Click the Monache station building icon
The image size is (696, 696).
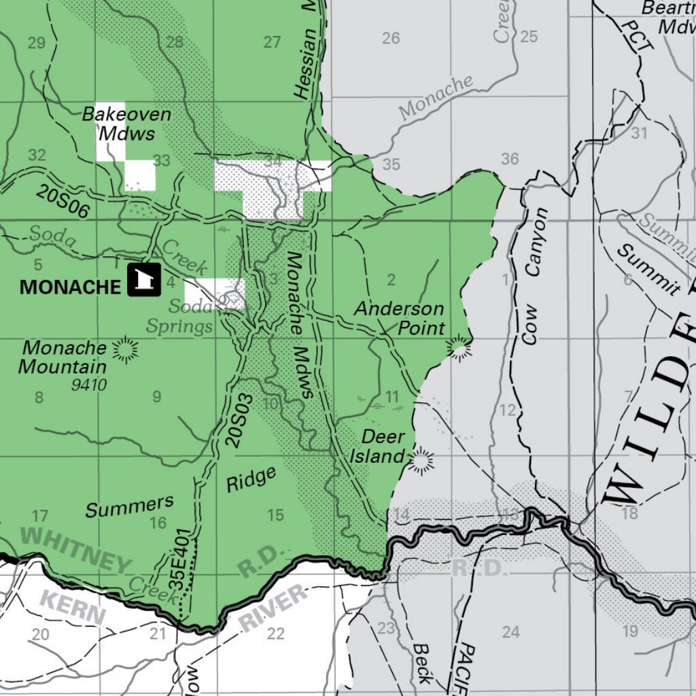(x=144, y=280)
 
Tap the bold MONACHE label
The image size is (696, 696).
(x=70, y=287)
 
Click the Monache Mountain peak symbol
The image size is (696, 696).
(x=125, y=349)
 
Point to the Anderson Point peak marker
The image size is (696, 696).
(x=460, y=349)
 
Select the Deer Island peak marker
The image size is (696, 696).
(x=421, y=461)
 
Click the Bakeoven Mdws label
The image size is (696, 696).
(x=126, y=122)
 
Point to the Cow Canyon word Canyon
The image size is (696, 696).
(x=536, y=241)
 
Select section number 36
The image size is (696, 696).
(x=510, y=159)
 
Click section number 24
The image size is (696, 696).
(x=510, y=632)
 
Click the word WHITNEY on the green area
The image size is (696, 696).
(x=75, y=550)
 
